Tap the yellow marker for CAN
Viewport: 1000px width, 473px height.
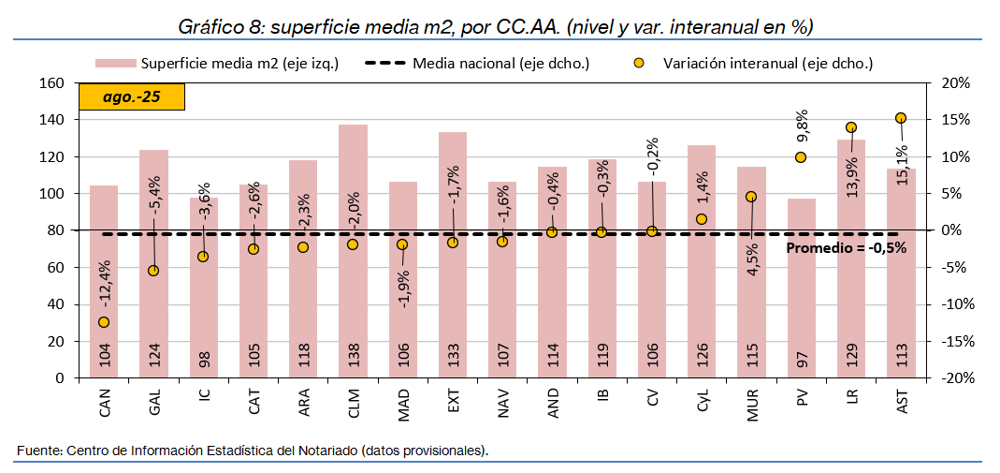(x=103, y=322)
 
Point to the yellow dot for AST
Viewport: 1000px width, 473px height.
(x=901, y=118)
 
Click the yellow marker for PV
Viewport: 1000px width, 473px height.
(x=801, y=157)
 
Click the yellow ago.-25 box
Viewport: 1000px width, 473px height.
(x=132, y=96)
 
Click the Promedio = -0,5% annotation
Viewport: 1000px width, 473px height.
(x=845, y=248)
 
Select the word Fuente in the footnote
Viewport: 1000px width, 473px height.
(x=38, y=451)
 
